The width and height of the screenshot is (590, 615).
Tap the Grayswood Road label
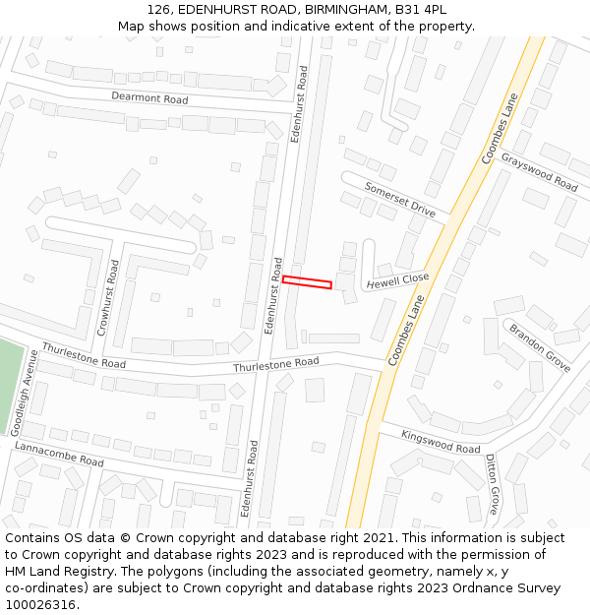[539, 172]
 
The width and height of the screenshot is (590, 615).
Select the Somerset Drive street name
[399, 200]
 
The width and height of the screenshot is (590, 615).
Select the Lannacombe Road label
[59, 454]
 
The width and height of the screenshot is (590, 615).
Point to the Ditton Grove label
[492, 486]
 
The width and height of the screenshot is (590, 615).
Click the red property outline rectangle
[307, 282]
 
